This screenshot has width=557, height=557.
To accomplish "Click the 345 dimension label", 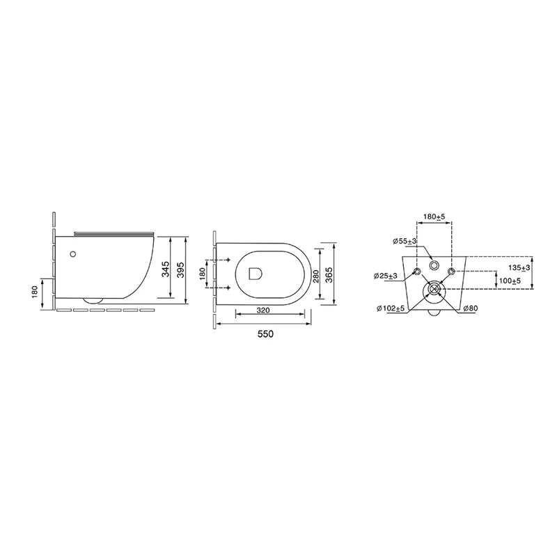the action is point(166,269).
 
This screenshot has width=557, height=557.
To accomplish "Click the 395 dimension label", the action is point(181,270).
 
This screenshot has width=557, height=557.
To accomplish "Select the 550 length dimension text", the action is point(266,334).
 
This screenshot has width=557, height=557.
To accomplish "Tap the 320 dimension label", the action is point(263,311).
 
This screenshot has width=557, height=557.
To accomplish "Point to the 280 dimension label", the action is point(317,276).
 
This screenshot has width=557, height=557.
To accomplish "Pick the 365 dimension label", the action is point(329,275).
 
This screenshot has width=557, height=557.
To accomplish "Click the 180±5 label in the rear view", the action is point(434,217).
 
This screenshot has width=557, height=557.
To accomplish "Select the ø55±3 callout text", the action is point(405,242).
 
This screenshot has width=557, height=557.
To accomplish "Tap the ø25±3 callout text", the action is point(386,276).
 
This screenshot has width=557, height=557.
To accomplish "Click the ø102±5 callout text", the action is point(391,308).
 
